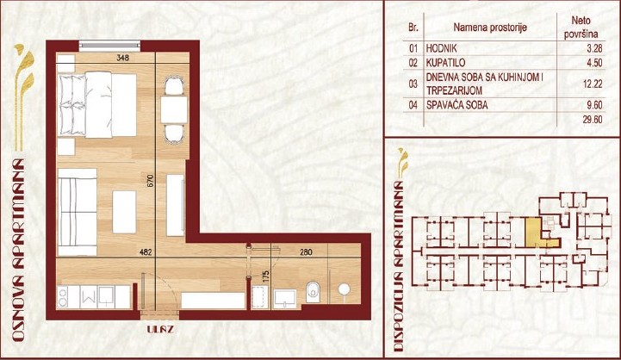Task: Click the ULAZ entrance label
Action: click(x=160, y=329)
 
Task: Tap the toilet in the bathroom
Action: click(x=313, y=292)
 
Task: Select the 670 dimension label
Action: click(x=150, y=181)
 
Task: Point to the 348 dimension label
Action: click(x=123, y=58)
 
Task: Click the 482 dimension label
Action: click(x=146, y=251)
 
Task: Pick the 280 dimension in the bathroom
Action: click(x=306, y=251)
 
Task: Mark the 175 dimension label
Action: click(x=266, y=276)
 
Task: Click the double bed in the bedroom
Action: click(x=97, y=104)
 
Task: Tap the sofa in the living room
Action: click(x=78, y=212)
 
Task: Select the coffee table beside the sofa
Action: click(x=124, y=212)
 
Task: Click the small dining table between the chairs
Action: click(x=174, y=109)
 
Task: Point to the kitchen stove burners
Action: click(x=63, y=297)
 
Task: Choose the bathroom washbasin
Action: click(x=284, y=298)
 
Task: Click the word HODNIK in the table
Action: click(x=441, y=48)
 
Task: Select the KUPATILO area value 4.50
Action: click(x=594, y=63)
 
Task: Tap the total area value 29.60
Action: click(x=593, y=119)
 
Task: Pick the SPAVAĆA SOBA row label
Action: click(x=456, y=105)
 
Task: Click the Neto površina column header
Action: click(x=581, y=27)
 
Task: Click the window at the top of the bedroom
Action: click(x=109, y=46)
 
